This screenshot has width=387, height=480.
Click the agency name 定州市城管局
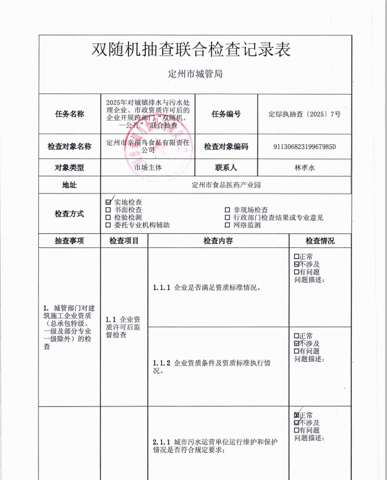point(195,74)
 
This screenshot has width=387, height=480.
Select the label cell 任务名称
point(69,114)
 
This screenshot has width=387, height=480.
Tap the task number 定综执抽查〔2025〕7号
point(305,114)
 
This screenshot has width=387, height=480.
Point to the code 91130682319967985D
point(304,147)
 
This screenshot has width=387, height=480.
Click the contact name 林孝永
point(305,167)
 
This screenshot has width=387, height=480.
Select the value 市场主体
point(147,167)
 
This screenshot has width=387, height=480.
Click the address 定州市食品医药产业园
point(226,184)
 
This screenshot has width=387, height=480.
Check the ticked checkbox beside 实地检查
point(109,202)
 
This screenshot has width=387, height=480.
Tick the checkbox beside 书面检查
point(109,210)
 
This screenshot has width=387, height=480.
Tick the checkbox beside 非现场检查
point(228,210)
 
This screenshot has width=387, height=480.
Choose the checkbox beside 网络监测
point(228,225)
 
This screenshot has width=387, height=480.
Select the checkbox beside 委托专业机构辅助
point(109,225)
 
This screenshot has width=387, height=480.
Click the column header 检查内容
point(218,241)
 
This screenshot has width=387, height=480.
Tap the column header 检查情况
point(320,241)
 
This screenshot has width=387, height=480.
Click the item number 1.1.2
point(162,363)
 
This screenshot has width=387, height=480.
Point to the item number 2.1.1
point(162,442)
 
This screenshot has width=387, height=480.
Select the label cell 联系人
point(226,167)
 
